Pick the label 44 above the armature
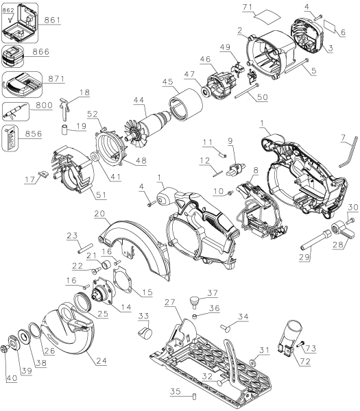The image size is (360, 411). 141,99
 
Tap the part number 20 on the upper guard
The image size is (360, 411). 100,214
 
